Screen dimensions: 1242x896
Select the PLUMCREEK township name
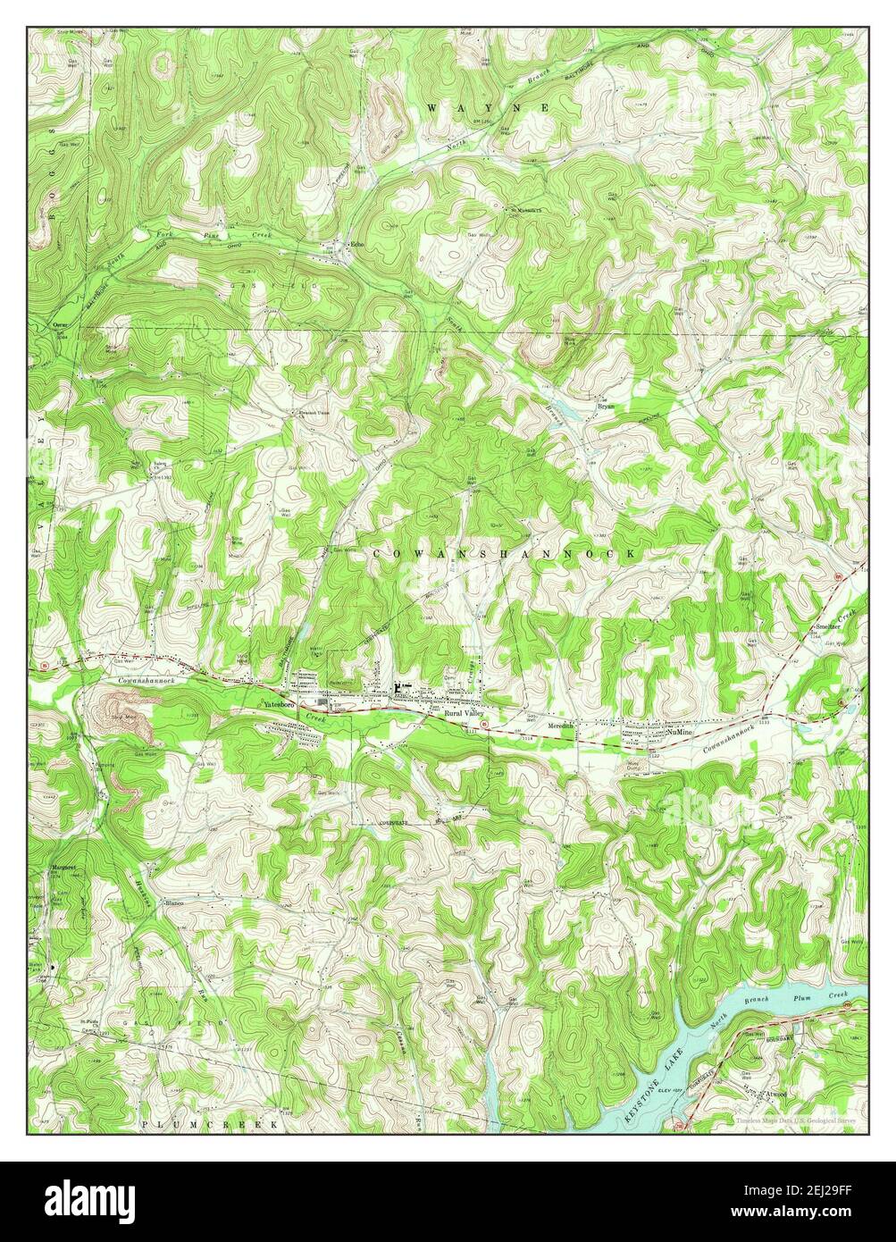pyautogui.click(x=209, y=1125)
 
